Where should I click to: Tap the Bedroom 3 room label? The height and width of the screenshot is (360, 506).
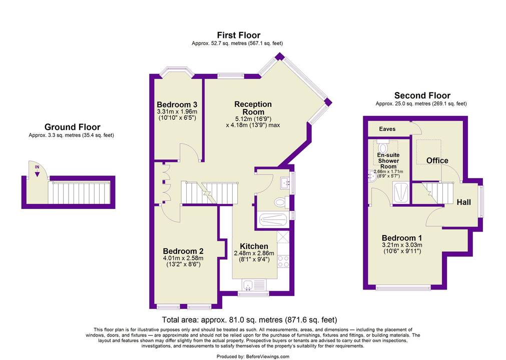pyautogui.click(x=177, y=104)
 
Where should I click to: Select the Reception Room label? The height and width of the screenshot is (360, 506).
pyautogui.click(x=253, y=108)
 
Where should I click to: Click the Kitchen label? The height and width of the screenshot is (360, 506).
pyautogui.click(x=254, y=246)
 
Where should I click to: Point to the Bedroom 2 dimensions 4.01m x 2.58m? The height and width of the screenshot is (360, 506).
pyautogui.click(x=183, y=258)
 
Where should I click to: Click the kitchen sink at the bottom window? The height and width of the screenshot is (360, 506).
pyautogui.click(x=248, y=284)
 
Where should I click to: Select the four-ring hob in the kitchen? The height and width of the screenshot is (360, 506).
pyautogui.click(x=283, y=261)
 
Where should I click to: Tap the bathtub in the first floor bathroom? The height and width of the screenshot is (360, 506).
pyautogui.click(x=273, y=220)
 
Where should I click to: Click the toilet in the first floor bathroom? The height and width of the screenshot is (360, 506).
pyautogui.click(x=280, y=202)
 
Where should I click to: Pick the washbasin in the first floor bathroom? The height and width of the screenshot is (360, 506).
pyautogui.click(x=285, y=182)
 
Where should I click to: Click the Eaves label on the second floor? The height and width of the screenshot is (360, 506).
pyautogui.click(x=387, y=129)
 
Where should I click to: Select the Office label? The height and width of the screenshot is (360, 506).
pyautogui.click(x=437, y=160)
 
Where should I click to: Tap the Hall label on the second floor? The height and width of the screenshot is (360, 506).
pyautogui.click(x=464, y=202)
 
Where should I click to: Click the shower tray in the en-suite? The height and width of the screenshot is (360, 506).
pyautogui.click(x=401, y=192)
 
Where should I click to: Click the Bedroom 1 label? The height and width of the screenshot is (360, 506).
pyautogui.click(x=402, y=238)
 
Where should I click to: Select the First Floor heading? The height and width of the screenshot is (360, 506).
pyautogui.click(x=238, y=35)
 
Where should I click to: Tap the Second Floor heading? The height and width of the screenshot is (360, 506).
pyautogui.click(x=422, y=95)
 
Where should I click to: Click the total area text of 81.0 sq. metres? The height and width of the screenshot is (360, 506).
pyautogui.click(x=249, y=319)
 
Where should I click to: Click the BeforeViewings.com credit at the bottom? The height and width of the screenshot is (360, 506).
pyautogui.click(x=268, y=356)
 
